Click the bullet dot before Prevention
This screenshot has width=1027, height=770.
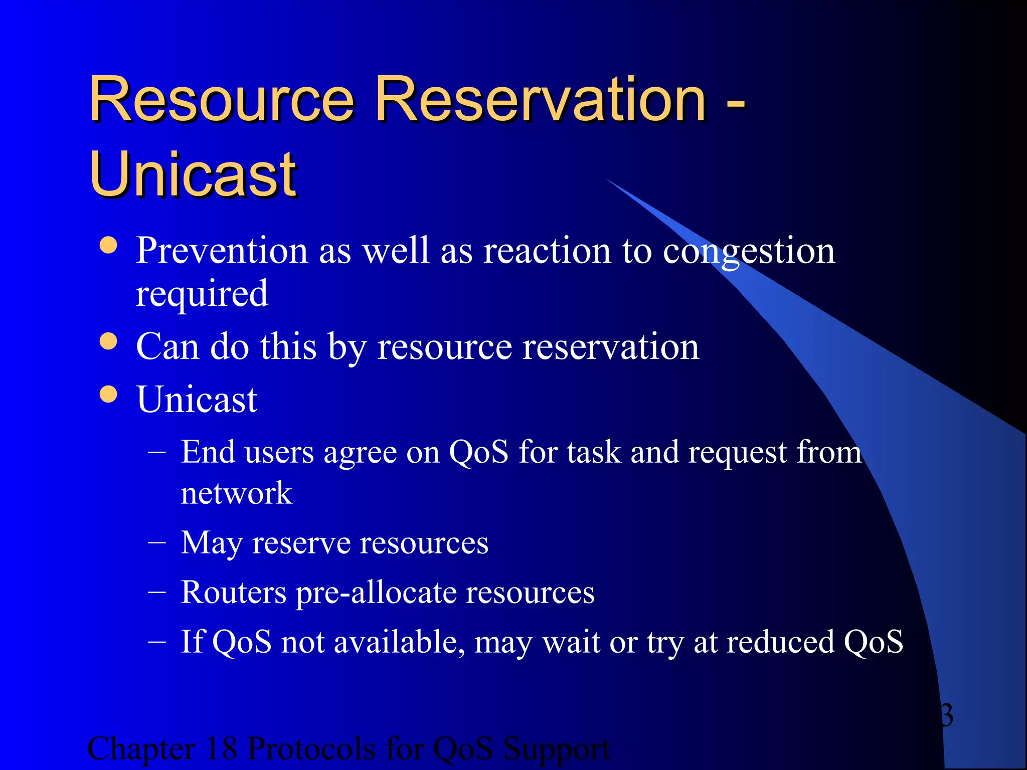pyautogui.click(x=108, y=246)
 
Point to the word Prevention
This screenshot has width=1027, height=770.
pyautogui.click(x=221, y=250)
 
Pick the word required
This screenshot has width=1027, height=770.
pyautogui.click(x=202, y=294)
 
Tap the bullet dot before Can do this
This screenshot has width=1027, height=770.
pyautogui.click(x=108, y=342)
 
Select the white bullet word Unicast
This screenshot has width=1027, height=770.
pyautogui.click(x=197, y=400)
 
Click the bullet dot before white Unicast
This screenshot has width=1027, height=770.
pyautogui.click(x=108, y=394)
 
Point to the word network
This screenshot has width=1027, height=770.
pyautogui.click(x=236, y=493)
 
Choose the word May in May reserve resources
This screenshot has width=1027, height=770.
pyautogui.click(x=211, y=543)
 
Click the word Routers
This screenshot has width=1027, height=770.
pyautogui.click(x=233, y=593)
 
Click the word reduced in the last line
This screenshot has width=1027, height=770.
pyautogui.click(x=780, y=642)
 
